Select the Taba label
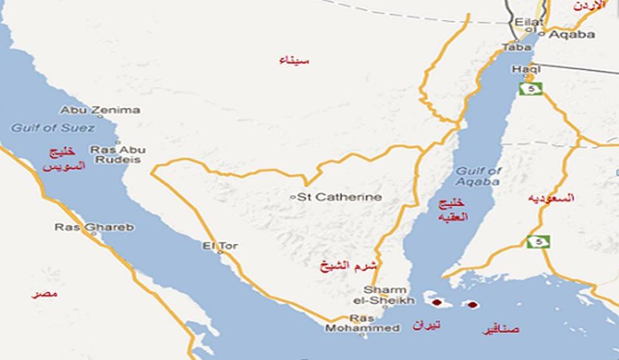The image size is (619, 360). pos(517,47)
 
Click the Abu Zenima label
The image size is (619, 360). pos(101,111)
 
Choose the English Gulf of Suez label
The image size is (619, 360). pos(53,128)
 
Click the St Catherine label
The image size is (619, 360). pos(339,197)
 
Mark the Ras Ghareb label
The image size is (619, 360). pos(94,227)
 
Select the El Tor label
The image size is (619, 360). pos(220,246)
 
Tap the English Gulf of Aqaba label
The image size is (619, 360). pos(478,177)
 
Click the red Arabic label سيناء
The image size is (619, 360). pos(294,60)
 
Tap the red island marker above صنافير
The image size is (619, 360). pos(472,305)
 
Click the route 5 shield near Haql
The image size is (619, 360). pos(530,89)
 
